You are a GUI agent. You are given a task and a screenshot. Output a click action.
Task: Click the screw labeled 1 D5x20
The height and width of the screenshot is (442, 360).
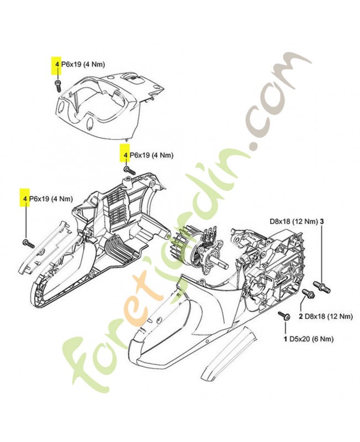coord(283,315)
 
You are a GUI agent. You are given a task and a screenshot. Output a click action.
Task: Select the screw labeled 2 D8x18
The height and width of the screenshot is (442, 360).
coord(308,294)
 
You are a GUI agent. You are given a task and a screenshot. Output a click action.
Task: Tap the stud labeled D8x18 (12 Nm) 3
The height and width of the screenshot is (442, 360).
coord(321,287)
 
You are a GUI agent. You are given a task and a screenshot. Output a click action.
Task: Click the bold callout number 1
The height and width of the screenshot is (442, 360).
coord(285,339)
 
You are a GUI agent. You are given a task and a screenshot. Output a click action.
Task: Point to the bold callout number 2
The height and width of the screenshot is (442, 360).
coord(301,317)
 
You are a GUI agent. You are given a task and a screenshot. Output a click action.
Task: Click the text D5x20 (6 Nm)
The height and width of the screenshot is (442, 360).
coord(311,339)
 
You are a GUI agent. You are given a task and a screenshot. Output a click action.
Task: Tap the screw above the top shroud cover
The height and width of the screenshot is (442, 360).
coord(58,86)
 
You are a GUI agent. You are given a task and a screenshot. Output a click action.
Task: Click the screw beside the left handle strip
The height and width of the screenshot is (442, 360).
coord(28,243)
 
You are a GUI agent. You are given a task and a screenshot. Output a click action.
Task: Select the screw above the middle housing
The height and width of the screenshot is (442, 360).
coord(129,170)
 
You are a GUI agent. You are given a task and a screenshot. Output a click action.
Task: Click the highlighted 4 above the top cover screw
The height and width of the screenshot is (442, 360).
coord(57,64)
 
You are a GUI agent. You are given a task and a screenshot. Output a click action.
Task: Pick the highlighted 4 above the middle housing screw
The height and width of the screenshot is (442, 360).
coord(125,155)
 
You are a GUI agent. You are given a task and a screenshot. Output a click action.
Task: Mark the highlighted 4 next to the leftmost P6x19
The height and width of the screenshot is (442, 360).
coord(25,199)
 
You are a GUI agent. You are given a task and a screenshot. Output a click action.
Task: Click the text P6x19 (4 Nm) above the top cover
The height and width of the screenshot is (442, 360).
coord(83,64)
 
